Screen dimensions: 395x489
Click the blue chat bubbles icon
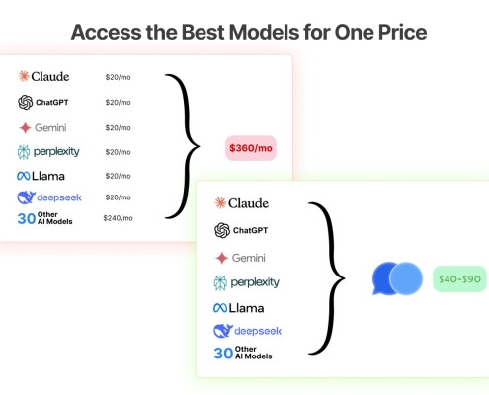pos(397,278)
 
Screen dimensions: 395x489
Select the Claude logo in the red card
pos(43,76)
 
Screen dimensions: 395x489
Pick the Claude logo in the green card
pos(241,203)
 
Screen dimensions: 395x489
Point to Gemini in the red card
pos(44,127)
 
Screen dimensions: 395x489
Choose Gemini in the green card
pos(241,257)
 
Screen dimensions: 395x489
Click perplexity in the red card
pos(48,151)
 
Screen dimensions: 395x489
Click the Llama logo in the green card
pos(241,308)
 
